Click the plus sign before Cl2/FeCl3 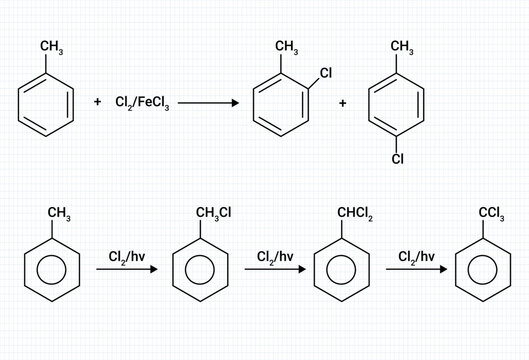[x=97, y=103]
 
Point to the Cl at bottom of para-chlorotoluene [x=397, y=158]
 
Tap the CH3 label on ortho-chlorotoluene [x=286, y=46]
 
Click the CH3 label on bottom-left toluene [x=59, y=213]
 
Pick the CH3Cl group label [x=213, y=211]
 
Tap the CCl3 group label [x=490, y=212]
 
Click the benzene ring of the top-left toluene [x=46, y=103]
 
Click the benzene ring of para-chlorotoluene [x=397, y=104]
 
